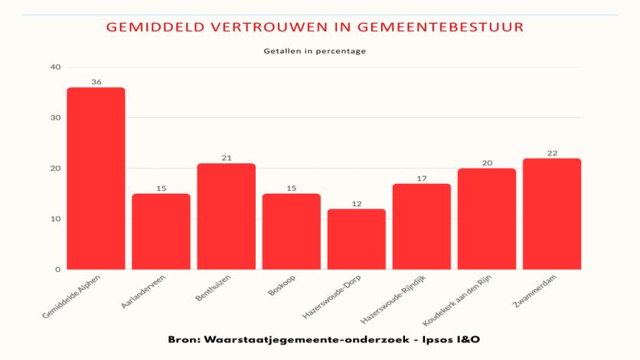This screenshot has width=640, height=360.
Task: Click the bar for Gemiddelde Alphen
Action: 96,178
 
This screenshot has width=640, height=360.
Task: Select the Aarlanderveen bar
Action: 162,231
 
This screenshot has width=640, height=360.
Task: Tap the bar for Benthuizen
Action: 226,216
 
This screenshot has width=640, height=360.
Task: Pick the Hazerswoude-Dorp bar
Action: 356,239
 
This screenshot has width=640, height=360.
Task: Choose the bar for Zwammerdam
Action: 552,214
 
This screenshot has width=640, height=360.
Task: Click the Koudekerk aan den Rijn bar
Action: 487,219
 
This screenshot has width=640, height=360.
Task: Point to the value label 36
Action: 96,82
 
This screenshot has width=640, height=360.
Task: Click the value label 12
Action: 357,204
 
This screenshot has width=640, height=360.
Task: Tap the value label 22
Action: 552,153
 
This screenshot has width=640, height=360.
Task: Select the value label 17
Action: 422,178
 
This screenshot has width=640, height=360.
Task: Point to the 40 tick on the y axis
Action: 56,67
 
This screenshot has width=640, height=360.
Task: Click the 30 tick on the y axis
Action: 56,117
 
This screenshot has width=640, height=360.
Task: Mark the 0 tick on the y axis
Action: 58,270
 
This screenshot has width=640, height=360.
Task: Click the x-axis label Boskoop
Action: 282,285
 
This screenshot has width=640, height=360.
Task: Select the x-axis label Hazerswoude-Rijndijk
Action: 393,299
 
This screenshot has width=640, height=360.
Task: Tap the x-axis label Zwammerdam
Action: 534,291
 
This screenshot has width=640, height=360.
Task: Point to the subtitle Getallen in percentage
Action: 315,51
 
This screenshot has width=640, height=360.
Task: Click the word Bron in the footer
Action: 184,339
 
